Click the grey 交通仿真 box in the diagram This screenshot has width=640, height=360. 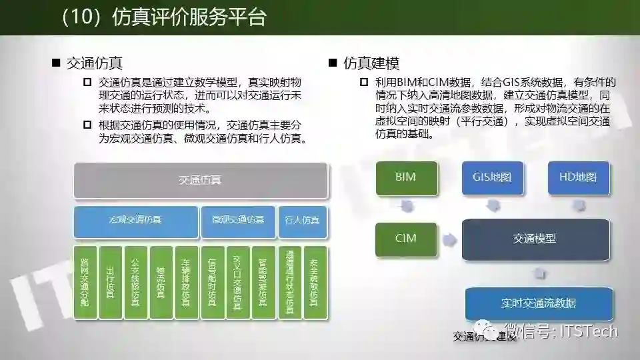(x=200, y=180)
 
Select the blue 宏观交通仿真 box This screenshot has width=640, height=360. (x=135, y=221)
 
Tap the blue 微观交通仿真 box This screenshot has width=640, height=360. (x=238, y=221)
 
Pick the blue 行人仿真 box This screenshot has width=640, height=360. (x=302, y=221)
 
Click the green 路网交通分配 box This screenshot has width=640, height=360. (x=85, y=282)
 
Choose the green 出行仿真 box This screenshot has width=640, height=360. (x=110, y=282)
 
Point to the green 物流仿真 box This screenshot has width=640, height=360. (x=161, y=282)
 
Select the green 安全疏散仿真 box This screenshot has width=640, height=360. (x=315, y=282)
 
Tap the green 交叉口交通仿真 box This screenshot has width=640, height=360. (x=238, y=282)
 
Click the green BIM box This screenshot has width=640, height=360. (x=407, y=178)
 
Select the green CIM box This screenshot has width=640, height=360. (x=407, y=239)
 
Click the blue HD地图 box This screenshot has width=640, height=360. (x=579, y=178)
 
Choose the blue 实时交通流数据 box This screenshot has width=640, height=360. (x=539, y=303)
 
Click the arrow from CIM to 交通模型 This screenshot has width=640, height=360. (x=450, y=239)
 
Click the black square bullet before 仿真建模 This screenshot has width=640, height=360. (x=333, y=63)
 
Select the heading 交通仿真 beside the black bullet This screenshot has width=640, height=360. (x=94, y=64)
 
